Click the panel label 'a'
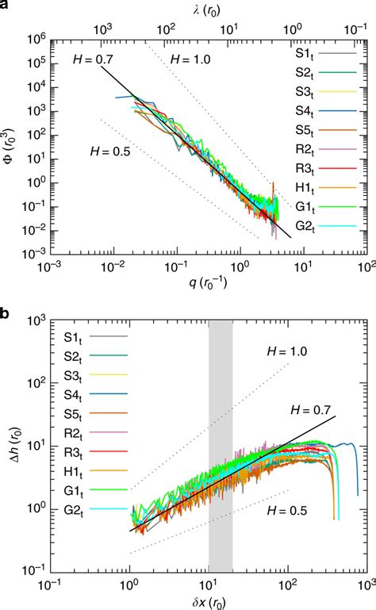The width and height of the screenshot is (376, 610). coord(6,7)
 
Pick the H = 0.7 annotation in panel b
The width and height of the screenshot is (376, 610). coord(311,409)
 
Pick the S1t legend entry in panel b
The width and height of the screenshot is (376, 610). coord(76,337)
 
